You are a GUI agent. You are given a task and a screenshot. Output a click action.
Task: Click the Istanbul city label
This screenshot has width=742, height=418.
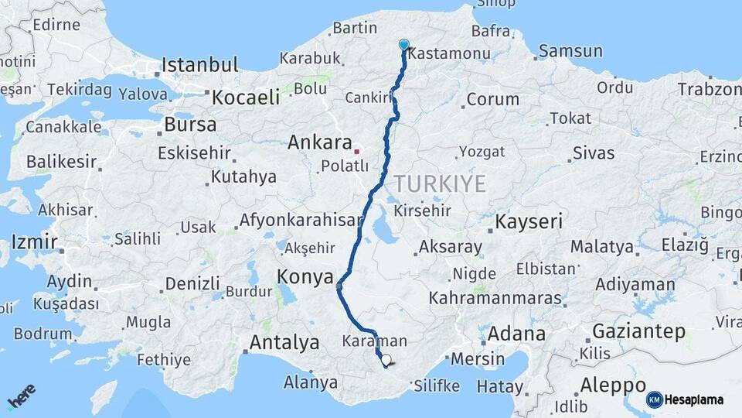199,64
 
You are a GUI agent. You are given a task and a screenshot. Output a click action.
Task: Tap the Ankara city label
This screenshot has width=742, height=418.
319,142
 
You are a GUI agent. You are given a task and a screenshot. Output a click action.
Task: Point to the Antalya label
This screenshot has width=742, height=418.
284,341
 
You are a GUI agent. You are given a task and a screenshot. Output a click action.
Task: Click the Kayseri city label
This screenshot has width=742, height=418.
529,222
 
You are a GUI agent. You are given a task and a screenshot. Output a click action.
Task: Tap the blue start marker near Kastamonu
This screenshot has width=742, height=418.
403,45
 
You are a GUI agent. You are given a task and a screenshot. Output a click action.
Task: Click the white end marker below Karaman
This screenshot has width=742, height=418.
386,360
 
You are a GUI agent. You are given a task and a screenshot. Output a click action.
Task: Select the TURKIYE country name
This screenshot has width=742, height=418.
440,183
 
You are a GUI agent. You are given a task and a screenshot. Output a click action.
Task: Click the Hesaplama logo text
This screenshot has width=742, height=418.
693,399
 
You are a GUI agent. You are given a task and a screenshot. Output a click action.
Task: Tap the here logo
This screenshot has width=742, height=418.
22,396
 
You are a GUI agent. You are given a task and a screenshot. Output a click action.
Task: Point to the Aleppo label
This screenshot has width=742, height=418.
613,385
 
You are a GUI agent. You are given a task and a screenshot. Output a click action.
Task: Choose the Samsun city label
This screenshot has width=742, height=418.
570,51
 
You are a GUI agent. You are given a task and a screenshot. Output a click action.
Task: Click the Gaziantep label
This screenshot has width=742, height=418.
638,331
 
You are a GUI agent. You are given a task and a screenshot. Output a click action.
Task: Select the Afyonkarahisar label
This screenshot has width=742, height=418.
301,220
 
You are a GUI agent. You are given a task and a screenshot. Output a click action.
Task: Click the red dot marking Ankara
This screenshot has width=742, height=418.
356,150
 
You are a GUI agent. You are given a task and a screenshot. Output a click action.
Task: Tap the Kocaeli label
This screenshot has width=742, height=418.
246,97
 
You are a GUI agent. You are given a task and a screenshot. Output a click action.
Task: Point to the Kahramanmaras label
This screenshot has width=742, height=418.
495,297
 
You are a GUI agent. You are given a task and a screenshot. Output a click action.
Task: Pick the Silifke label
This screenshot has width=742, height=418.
437,385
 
